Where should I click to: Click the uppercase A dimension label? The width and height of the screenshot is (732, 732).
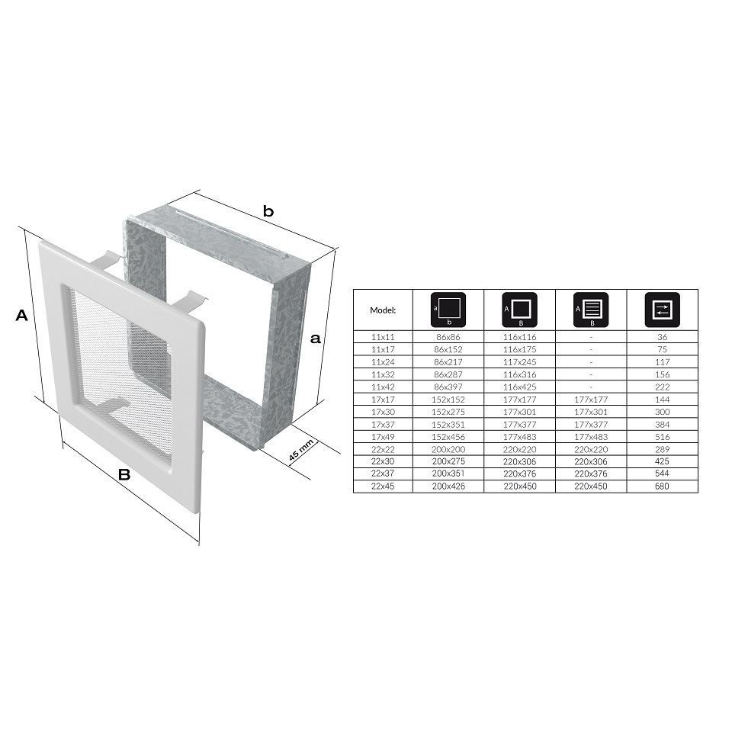(21, 315)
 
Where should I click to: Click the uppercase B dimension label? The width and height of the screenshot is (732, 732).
(124, 475)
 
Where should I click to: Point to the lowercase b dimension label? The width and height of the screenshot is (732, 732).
(268, 211)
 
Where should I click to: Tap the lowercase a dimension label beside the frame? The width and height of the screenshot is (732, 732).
(316, 338)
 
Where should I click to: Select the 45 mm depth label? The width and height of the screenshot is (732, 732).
(300, 451)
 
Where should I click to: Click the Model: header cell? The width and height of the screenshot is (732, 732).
(383, 310)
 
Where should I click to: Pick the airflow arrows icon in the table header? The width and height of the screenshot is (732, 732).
(662, 310)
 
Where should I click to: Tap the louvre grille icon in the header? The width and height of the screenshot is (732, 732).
(591, 310)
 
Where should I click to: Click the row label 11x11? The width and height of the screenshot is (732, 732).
(383, 337)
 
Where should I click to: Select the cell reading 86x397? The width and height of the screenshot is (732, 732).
(448, 387)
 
